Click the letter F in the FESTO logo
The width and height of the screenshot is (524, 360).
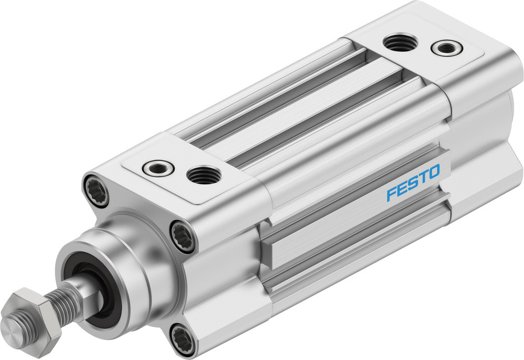pos(391,195)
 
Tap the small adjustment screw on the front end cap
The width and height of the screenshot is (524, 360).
pos(155,168)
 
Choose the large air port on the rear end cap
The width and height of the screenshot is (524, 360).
pos(400,42)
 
